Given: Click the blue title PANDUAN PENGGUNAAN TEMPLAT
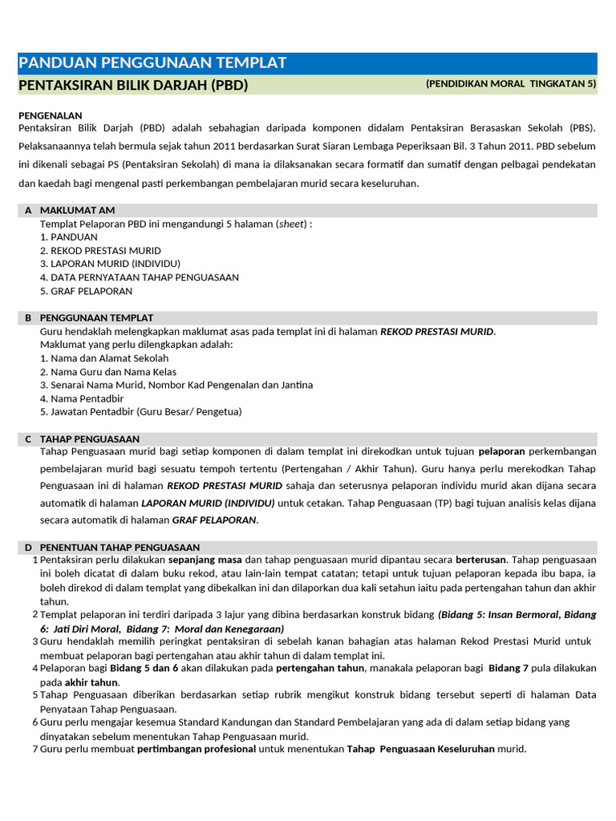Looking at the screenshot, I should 152,63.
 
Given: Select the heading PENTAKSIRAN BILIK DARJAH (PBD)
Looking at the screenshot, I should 133,85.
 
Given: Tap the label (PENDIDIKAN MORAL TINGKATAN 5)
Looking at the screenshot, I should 511,83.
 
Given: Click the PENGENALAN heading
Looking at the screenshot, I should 50,115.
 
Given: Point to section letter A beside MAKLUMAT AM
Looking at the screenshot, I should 28,210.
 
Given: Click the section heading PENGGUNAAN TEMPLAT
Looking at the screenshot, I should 96,318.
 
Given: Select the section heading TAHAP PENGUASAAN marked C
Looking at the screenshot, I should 90,439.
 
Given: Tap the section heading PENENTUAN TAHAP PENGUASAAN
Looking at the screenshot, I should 120,548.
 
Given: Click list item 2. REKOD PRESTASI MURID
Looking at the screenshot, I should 100,251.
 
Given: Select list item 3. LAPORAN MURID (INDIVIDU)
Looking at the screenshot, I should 110,264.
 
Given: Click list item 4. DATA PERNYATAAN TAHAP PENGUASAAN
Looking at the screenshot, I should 139,277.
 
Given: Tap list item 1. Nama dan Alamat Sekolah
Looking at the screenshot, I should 104,358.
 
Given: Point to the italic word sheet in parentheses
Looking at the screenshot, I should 292,224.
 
